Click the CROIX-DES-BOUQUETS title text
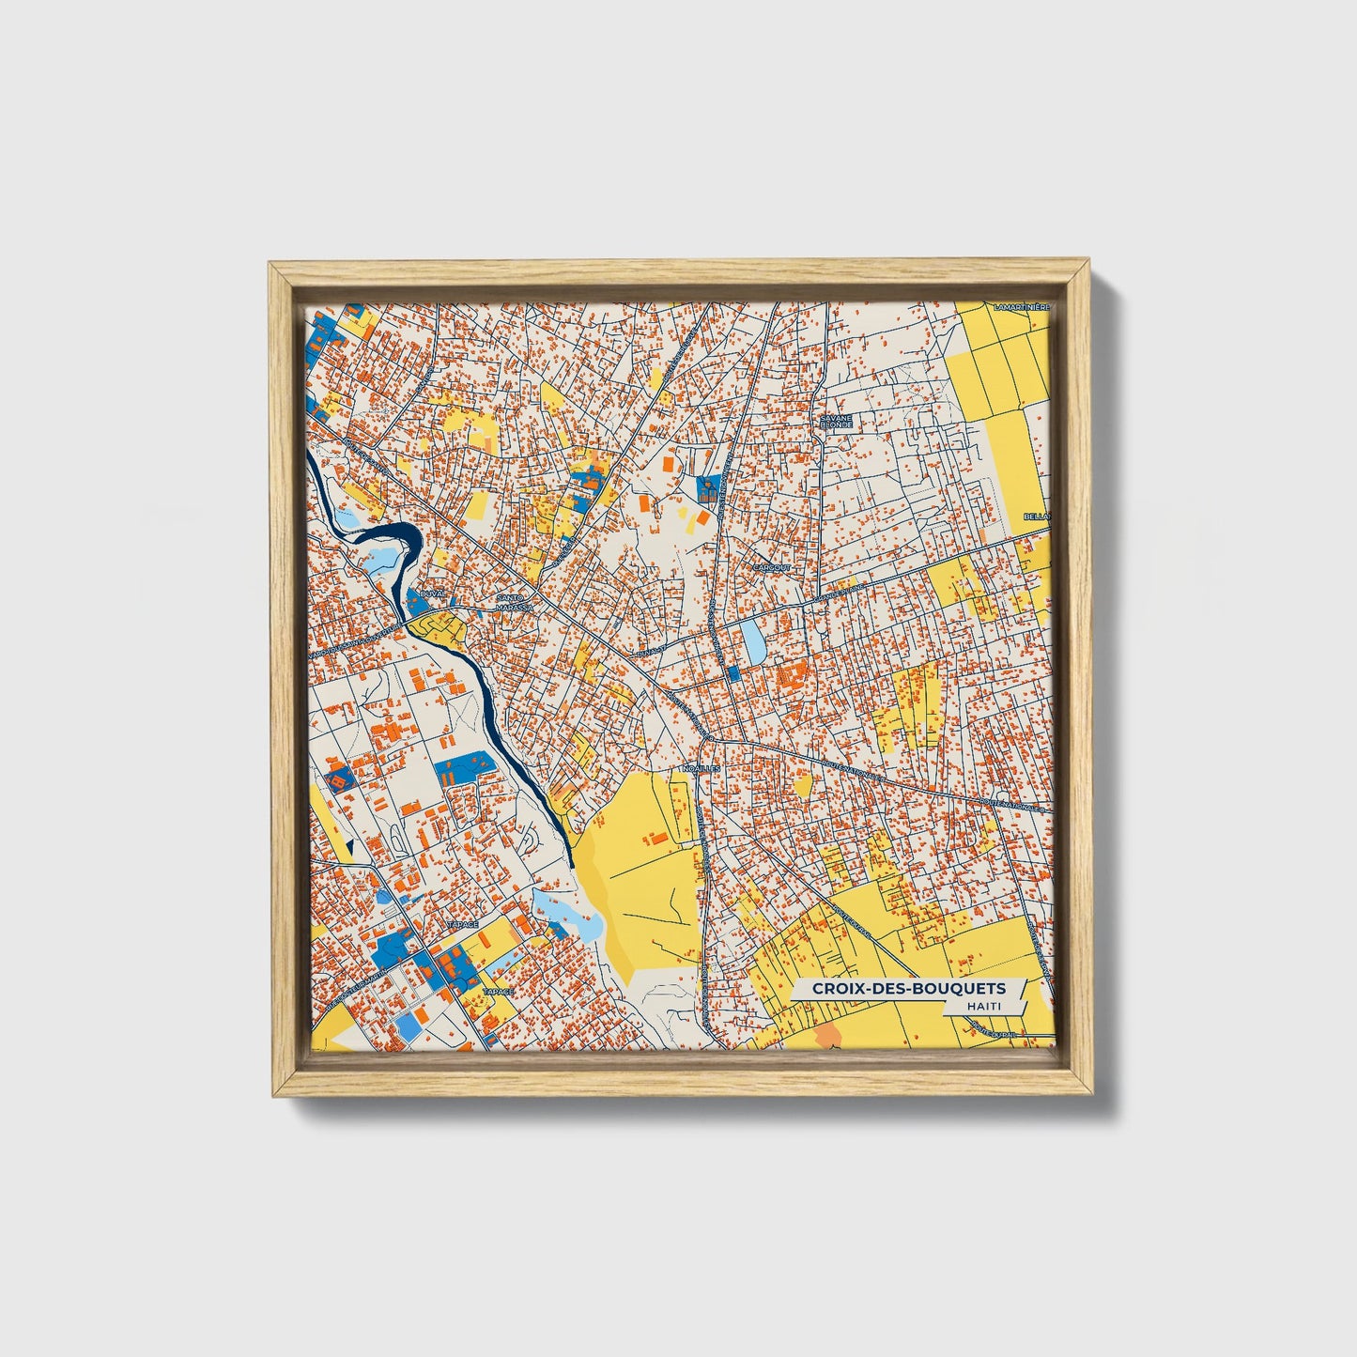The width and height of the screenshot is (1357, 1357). click(908, 988)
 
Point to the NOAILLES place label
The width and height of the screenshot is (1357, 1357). click(701, 767)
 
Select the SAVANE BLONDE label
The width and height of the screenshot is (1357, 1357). click(835, 421)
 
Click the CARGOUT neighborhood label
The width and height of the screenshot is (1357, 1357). click(773, 568)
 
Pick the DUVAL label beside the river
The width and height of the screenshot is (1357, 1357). click(433, 594)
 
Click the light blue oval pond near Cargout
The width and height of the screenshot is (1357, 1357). click(753, 640)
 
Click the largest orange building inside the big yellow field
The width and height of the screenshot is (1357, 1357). click(659, 835)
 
